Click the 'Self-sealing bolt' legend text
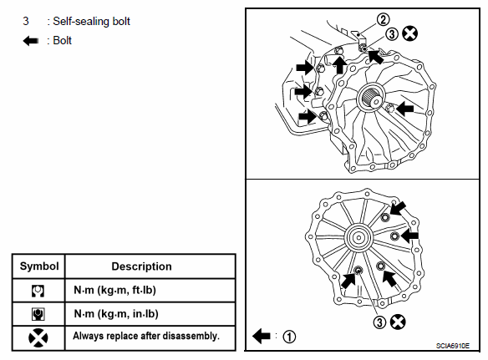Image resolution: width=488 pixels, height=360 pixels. (91, 22)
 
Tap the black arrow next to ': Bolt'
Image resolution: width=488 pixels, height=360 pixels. (30, 41)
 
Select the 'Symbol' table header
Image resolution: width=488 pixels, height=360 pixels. (39, 266)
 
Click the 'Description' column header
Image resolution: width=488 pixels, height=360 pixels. (141, 266)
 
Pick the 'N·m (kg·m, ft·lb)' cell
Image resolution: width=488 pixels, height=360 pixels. (114, 290)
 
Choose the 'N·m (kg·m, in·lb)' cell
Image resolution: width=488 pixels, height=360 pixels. (116, 313)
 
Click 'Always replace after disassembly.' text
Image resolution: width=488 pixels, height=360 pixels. (146, 336)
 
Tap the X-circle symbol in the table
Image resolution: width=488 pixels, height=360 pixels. (38, 338)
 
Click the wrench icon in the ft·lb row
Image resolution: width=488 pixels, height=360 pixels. (38, 291)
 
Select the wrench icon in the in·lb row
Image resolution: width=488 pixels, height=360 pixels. (38, 314)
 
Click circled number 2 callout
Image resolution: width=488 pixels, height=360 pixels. (383, 19)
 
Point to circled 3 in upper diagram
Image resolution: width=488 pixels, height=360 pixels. (392, 34)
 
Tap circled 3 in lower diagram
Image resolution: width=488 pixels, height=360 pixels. (379, 322)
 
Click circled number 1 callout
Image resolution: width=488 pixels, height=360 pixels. (289, 337)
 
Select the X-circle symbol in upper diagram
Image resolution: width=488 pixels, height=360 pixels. (410, 33)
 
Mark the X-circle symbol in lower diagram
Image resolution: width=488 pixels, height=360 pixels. (398, 322)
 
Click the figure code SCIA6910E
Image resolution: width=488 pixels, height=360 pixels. (453, 346)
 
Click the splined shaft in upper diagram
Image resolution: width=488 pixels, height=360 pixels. (371, 98)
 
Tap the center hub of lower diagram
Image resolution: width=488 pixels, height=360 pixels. (358, 237)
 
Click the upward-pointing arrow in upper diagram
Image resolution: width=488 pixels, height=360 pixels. (339, 64)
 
